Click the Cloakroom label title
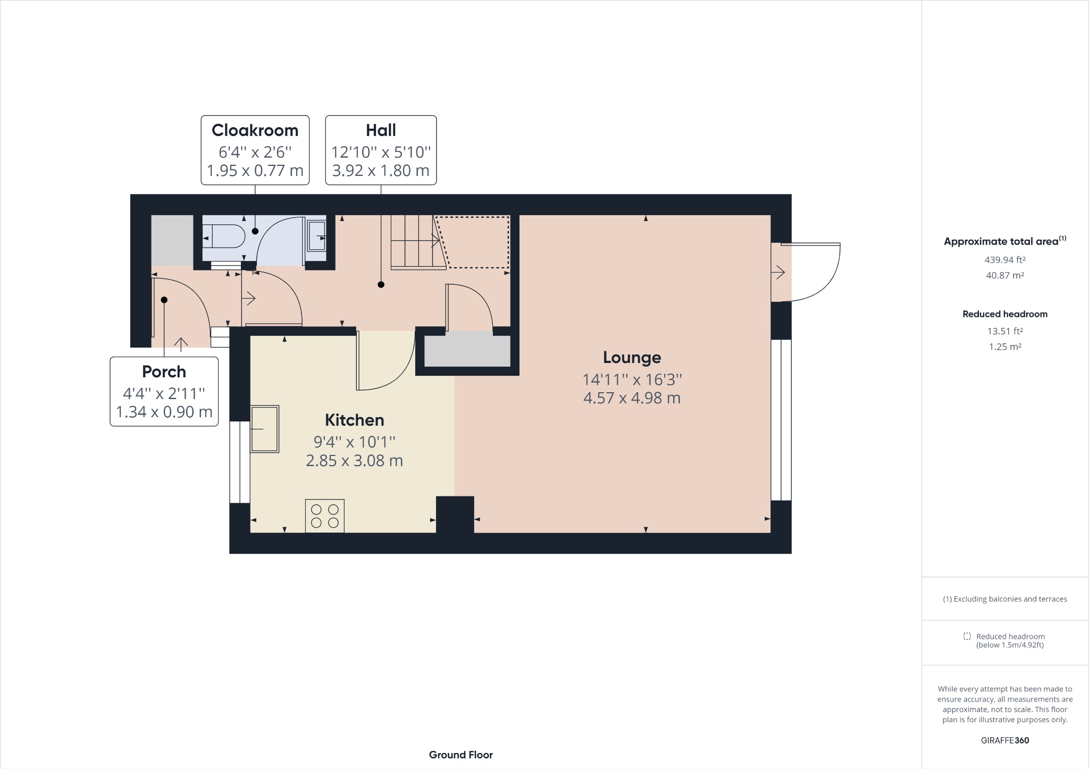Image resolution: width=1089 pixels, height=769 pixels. tap(255, 130)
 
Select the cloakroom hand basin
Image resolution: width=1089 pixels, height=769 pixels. tap(316, 236)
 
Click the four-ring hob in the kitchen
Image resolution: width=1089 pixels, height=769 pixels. tap(324, 516)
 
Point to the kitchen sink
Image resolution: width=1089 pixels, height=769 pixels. tap(264, 429)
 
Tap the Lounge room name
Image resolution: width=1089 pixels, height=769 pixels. tap(632, 358)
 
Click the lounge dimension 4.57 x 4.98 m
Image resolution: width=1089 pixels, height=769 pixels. tap(632, 398)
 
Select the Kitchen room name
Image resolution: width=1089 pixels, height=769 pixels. tap(354, 420)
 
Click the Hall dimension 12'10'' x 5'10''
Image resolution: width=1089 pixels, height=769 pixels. tap(381, 153)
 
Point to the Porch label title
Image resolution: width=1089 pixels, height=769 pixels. tap(164, 371)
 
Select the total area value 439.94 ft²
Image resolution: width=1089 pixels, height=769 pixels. tap(1004, 260)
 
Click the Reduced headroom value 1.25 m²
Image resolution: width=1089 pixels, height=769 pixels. tap(1004, 347)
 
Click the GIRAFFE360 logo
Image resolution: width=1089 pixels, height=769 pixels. tap(1004, 740)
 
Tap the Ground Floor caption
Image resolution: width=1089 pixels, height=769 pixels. tap(460, 755)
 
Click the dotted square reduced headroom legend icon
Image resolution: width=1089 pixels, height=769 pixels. tap(967, 636)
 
